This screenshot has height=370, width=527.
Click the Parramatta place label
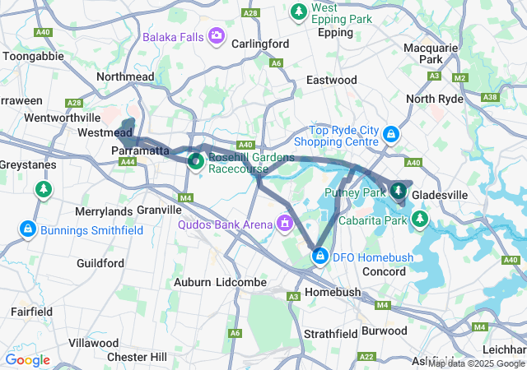pyautogui.click(x=141, y=151)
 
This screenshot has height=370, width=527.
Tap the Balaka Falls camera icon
pyautogui.click(x=217, y=35)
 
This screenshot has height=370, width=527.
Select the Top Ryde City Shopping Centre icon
pyautogui.click(x=392, y=132)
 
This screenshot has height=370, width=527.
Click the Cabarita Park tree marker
pyautogui.click(x=421, y=219)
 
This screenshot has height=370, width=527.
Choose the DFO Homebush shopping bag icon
pyautogui.click(x=319, y=257)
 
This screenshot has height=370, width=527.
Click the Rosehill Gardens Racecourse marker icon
pyautogui.click(x=196, y=160)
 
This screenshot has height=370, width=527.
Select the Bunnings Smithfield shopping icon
pyautogui.click(x=28, y=227)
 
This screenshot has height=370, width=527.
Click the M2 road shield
pyautogui.click(x=460, y=77)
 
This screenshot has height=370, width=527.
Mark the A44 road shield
pyautogui.click(x=128, y=162)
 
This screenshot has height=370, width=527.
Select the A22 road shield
pyautogui.click(x=367, y=356)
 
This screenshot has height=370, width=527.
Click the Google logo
pyautogui.click(x=27, y=360)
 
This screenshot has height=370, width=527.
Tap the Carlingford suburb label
pyautogui.click(x=259, y=43)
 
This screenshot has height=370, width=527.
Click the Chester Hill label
pyautogui.click(x=138, y=357)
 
